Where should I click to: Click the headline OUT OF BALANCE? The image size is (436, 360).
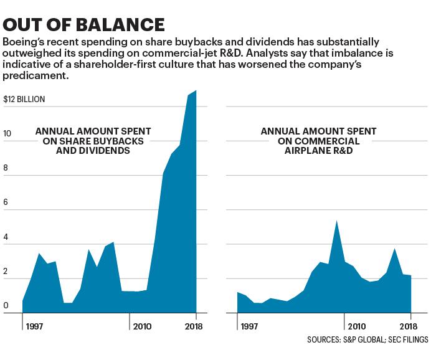(83, 24)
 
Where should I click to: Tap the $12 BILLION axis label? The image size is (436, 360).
(24, 99)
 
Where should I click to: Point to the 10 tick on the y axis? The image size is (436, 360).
(7, 134)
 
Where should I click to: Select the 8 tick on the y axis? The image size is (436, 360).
(5, 168)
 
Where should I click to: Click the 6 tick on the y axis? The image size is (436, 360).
(5, 202)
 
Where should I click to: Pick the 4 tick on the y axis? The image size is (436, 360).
(6, 237)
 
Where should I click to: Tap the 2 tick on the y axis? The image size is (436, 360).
(5, 272)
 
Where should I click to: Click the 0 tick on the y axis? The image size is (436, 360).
(6, 306)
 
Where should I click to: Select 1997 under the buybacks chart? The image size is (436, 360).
(34, 326)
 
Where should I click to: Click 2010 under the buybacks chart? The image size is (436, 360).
(143, 326)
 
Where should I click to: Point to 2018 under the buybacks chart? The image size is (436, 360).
(194, 326)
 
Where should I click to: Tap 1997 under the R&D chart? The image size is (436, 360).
(249, 326)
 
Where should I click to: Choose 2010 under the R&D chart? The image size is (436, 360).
(357, 326)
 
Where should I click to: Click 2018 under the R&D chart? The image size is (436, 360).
(409, 326)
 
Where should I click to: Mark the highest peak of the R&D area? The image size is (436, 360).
(336, 220)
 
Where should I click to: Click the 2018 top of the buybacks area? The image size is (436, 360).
(196, 90)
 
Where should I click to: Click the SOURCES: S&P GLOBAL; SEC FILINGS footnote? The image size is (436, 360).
(367, 339)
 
